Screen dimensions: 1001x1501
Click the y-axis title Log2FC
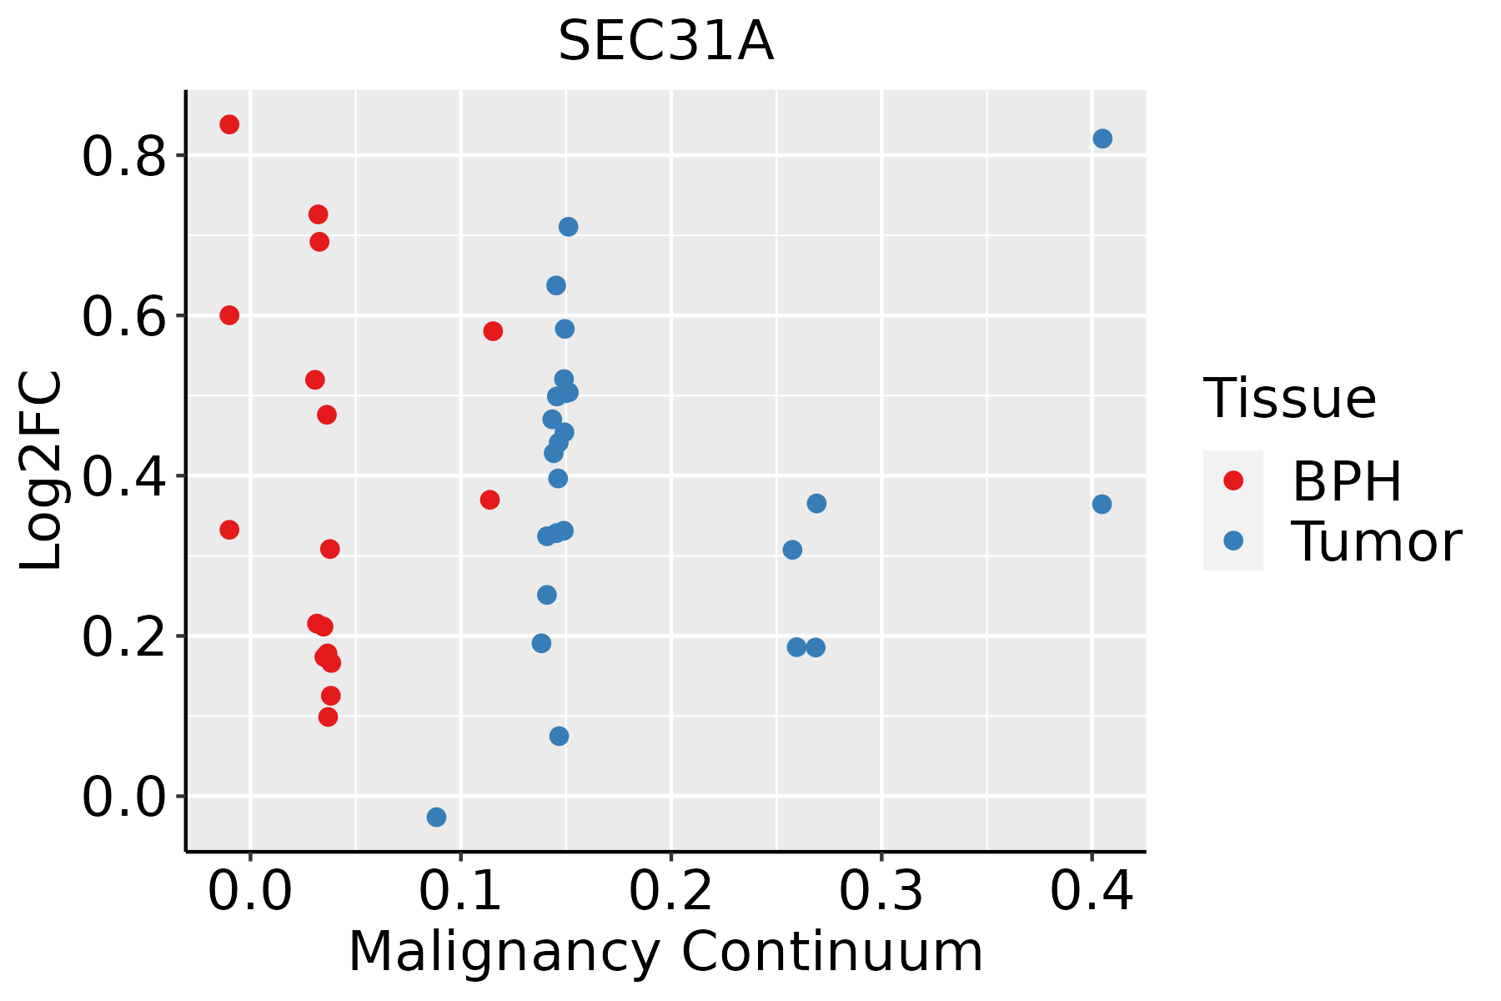42,471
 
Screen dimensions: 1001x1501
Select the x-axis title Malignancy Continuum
665,952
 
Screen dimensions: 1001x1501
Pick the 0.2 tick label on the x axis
670,891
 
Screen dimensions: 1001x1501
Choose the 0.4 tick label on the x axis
1091,891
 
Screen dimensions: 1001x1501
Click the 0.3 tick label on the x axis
881,891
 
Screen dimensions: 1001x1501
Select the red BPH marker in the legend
1232,480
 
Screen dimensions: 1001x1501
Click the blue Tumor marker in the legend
1232,541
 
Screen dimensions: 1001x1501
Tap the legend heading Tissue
1290,399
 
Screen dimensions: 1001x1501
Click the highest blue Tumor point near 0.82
1102,138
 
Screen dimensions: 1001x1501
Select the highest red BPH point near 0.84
229,124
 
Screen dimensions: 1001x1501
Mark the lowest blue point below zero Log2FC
436,817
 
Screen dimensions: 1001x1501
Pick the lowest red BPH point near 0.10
329,717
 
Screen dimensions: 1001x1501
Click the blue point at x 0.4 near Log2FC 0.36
1102,504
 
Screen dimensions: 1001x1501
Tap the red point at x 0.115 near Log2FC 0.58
493,331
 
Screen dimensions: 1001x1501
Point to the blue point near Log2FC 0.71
568,227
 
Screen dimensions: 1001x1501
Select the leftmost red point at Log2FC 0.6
229,315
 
